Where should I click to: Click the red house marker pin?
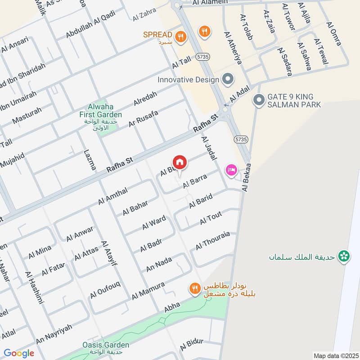(x=179, y=162)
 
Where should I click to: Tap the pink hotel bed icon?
(x=232, y=171)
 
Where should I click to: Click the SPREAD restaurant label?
(x=157, y=35)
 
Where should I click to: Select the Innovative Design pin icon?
(x=228, y=80)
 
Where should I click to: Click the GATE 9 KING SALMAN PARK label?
(x=294, y=101)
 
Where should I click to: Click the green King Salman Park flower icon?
(x=344, y=256)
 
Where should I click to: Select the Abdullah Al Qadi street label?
(x=90, y=24)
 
